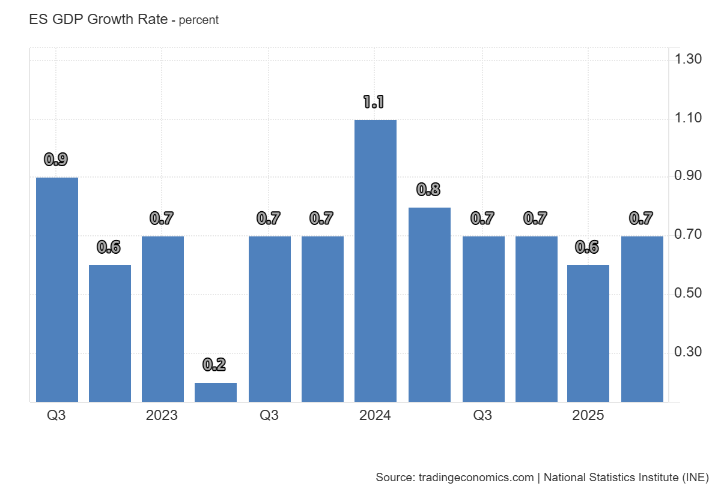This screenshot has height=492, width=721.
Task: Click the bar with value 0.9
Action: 57,289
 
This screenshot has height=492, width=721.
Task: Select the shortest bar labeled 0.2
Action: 216,392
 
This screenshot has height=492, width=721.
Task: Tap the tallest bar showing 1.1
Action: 376,260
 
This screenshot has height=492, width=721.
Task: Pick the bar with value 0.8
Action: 429,304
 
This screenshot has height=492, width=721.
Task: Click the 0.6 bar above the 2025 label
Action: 588,333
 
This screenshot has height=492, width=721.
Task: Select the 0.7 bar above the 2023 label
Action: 163,319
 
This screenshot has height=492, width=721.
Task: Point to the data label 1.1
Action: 373,102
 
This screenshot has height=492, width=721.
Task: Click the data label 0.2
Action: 214,364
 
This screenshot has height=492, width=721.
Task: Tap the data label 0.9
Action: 56,160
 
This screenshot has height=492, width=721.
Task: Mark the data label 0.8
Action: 428,190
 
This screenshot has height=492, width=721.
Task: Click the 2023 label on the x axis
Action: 162,415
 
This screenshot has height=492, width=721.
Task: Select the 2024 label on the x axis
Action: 375,415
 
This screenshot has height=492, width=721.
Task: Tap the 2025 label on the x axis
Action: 588,415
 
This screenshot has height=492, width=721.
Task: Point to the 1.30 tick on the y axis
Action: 688,59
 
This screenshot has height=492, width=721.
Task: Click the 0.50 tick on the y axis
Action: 688,293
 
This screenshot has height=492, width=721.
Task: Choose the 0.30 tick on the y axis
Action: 688,352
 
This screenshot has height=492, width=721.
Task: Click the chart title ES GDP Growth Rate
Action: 98,19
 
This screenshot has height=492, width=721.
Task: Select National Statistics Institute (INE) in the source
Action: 626,478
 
